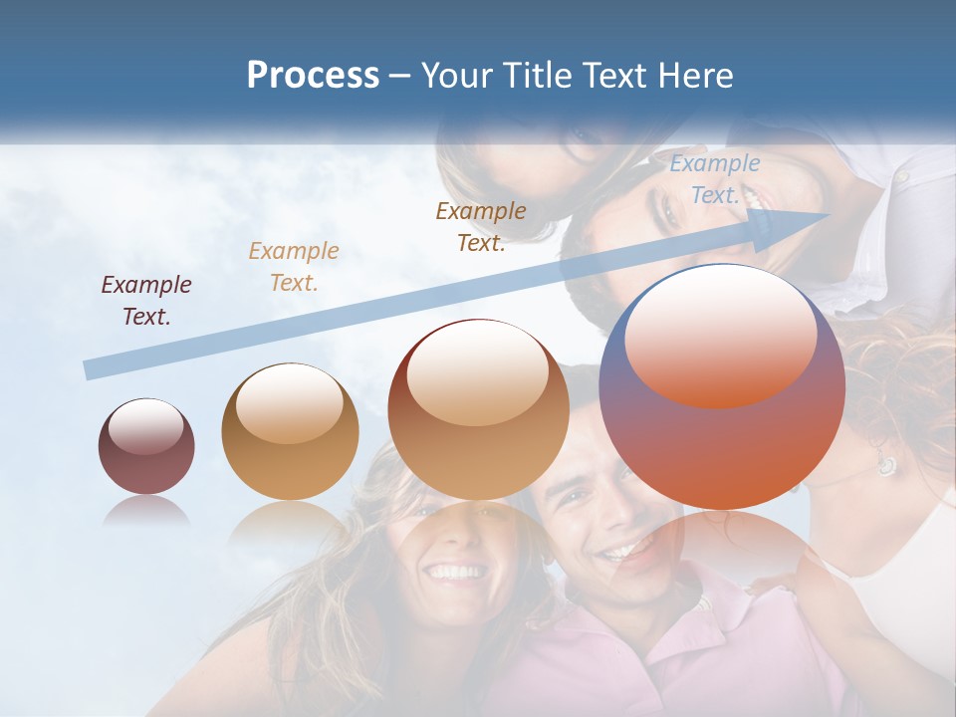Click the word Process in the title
click(313, 76)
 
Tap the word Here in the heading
click(695, 76)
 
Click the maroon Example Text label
click(145, 301)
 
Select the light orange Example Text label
click(294, 267)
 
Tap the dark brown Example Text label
click(481, 227)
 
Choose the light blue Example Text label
click(715, 179)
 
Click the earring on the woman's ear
click(885, 464)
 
